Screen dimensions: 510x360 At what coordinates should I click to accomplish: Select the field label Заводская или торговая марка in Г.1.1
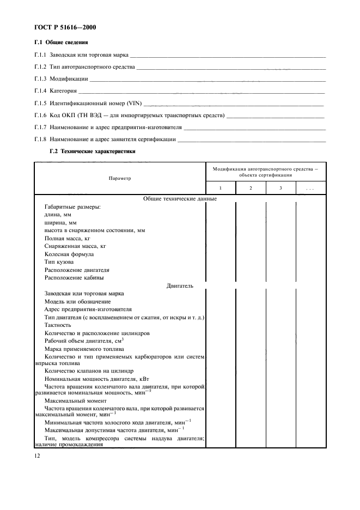click(89, 55)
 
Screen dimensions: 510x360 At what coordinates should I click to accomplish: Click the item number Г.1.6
click(40, 116)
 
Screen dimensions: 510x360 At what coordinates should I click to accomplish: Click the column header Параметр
click(119, 178)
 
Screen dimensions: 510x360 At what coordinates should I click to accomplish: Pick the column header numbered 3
click(280, 188)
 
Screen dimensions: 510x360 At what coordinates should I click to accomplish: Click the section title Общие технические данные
click(179, 199)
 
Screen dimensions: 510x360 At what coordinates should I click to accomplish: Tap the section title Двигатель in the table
click(179, 285)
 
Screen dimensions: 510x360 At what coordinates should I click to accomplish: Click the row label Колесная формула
click(69, 254)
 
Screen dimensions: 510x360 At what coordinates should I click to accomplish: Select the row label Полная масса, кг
click(67, 238)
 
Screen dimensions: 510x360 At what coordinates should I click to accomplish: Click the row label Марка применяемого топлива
click(84, 349)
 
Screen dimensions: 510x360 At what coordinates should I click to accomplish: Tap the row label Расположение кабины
click(74, 277)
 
